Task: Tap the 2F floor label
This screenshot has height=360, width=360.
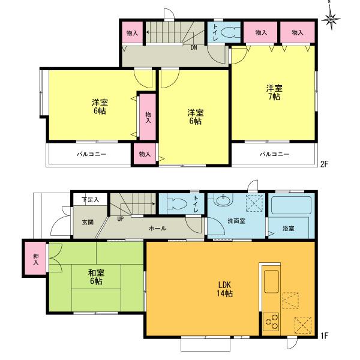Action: (325, 163)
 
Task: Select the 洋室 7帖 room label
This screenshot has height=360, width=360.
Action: (274, 92)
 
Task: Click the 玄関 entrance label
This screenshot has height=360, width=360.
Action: (88, 222)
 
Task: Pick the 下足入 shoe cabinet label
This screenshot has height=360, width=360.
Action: (91, 200)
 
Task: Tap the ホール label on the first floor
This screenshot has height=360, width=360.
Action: (158, 229)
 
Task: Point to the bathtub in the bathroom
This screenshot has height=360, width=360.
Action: (289, 207)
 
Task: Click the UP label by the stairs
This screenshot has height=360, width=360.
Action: (121, 219)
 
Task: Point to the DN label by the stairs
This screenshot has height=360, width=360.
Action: (194, 47)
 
